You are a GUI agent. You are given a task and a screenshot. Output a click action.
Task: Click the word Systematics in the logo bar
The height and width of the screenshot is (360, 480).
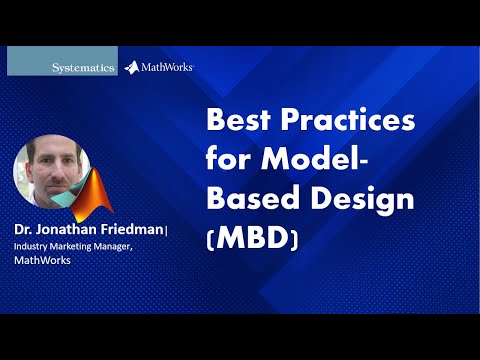point(83,67)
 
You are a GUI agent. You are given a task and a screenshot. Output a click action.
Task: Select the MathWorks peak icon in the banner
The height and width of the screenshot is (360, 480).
point(133,67)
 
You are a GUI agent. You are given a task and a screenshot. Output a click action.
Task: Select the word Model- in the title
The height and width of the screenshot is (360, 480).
point(320,160)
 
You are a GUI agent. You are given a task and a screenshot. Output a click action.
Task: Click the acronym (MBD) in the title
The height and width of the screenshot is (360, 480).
point(255,238)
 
